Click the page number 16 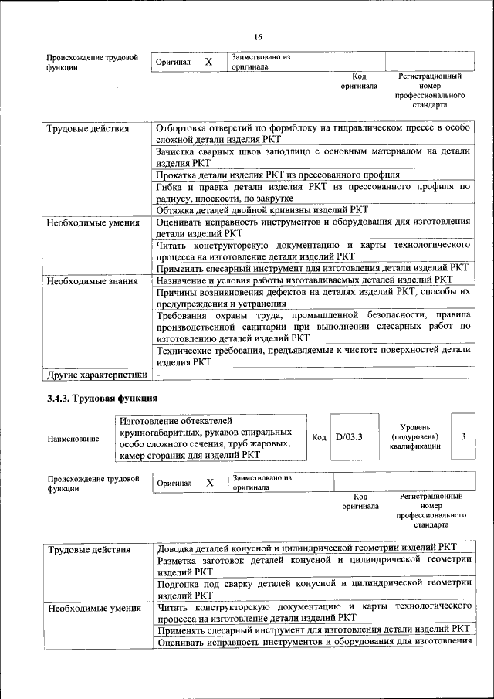258,37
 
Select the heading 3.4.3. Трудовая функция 102,399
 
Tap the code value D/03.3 349,437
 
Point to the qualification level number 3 462,436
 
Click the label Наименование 73,439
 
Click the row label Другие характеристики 96,375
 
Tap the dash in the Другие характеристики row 158,375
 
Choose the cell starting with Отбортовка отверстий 313,133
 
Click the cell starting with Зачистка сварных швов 313,158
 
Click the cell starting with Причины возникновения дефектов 313,297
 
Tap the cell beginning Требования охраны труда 313,327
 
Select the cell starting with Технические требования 313,355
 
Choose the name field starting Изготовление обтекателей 205,437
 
